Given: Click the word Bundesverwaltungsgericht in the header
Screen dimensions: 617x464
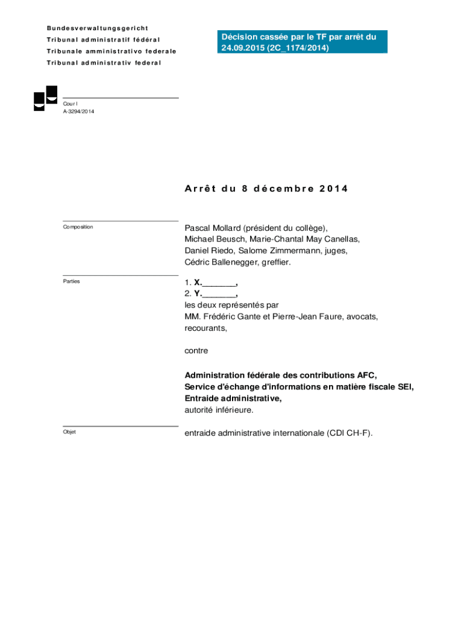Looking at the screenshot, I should [98, 28].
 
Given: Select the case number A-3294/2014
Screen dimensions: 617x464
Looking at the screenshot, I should [78, 111].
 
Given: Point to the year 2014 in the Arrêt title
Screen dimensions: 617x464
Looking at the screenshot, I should [334, 189].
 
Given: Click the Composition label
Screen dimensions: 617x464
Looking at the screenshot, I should [78, 227].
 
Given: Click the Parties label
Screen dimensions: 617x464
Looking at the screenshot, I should [71, 281].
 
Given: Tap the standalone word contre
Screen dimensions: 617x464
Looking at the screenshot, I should [196, 350].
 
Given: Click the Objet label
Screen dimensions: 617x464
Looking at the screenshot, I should [69, 432].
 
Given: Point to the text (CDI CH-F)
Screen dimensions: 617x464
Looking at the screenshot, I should [350, 433].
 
